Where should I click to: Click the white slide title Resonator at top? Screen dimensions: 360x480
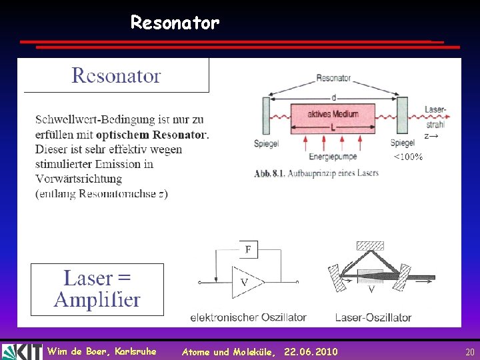[x=175, y=23]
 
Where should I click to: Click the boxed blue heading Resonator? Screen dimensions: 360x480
[x=116, y=75]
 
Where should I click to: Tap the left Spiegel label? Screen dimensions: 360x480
[x=267, y=143]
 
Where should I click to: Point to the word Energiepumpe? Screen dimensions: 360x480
[x=333, y=157]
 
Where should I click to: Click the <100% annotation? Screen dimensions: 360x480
[x=407, y=157]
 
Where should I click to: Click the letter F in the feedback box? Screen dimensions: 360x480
[x=248, y=249]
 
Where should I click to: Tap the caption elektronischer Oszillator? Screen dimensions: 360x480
[x=248, y=317]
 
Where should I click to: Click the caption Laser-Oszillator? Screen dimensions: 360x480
[x=373, y=317]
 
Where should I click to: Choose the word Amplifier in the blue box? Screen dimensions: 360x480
[x=97, y=300]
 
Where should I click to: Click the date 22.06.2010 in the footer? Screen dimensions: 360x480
[x=311, y=351]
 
